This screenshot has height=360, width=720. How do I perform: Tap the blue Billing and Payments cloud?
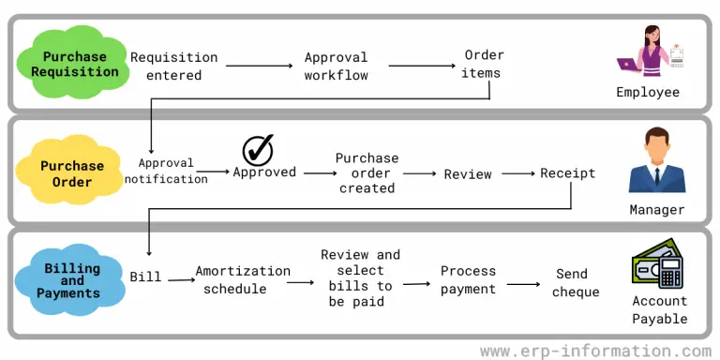[x=72, y=280]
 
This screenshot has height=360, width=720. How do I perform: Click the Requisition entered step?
[x=174, y=67]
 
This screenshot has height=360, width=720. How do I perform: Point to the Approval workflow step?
[x=336, y=67]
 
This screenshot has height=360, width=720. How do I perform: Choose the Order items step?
[x=484, y=64]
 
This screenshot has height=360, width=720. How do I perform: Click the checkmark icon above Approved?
[x=257, y=149]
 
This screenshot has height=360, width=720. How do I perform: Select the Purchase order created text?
[x=367, y=172]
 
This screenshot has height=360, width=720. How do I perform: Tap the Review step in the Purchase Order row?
[x=468, y=173]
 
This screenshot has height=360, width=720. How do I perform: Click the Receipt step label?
[x=567, y=173]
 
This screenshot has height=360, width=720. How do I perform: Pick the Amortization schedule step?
[x=243, y=279]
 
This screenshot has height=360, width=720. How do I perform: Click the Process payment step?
[x=468, y=279]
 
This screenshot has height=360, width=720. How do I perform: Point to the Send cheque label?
[x=571, y=282]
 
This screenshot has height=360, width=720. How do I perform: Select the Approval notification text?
[x=166, y=170]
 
